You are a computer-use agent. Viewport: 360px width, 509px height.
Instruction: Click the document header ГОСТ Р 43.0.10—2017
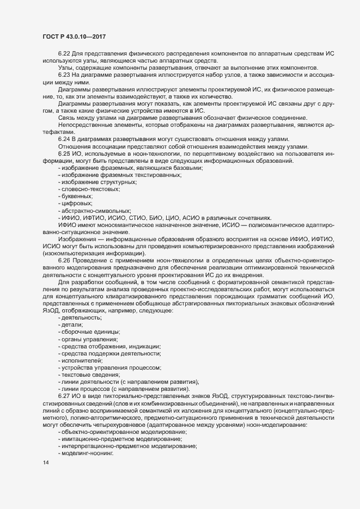74,36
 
